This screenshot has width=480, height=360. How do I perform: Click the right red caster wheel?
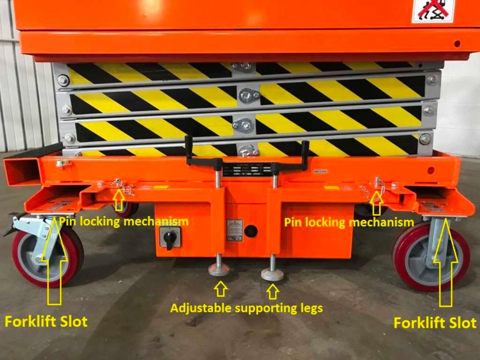coord(431,259)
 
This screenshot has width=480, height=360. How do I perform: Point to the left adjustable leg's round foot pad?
coord(218,269)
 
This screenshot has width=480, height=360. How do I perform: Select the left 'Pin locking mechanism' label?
coord(124,221)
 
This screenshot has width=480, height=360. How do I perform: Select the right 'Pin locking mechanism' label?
coord(349,222)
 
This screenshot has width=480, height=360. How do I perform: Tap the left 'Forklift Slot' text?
coord(46,322)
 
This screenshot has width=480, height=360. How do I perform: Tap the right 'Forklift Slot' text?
coord(435,323)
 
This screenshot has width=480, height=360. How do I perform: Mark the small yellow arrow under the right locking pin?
coord(376,204)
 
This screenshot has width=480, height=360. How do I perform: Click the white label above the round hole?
coord(232,229)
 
